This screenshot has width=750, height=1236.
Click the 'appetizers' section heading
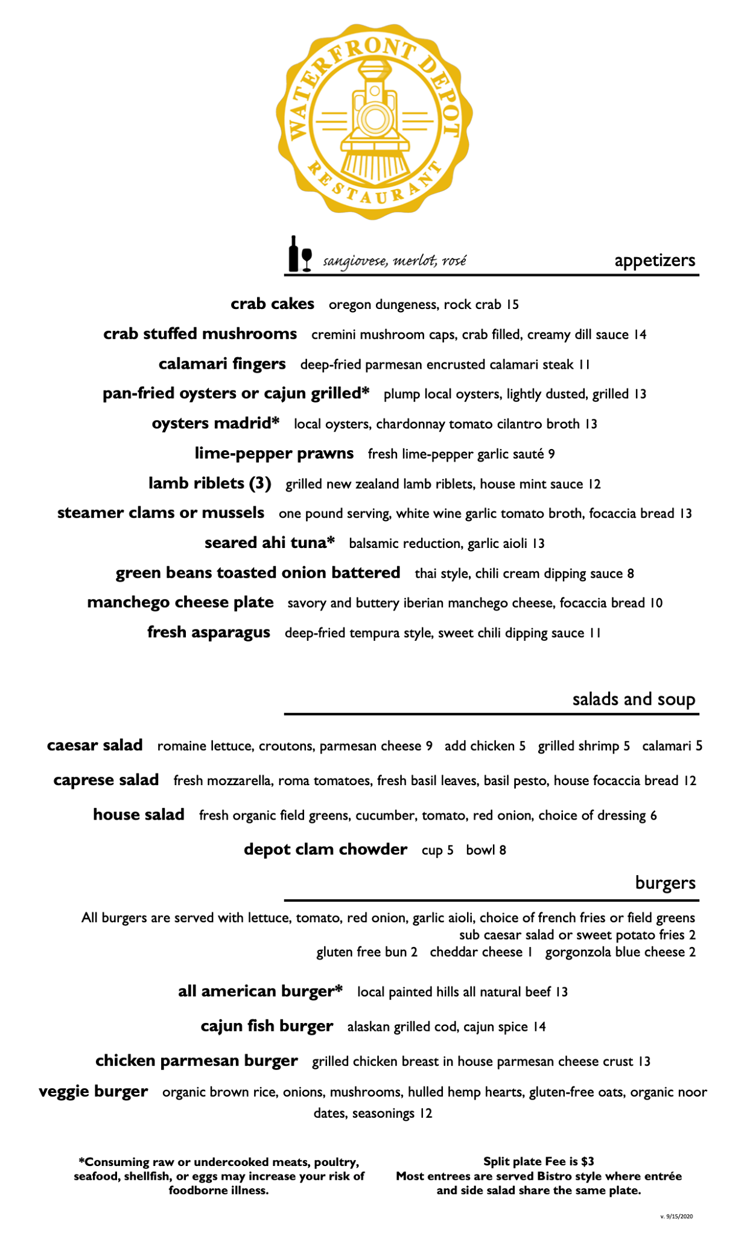655,261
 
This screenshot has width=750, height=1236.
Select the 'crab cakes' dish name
272,304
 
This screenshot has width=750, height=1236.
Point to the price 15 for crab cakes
512,305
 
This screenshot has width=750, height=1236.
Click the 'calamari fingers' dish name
222,364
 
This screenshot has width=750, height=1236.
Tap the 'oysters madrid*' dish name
215,423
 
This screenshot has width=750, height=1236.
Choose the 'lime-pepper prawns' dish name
274,453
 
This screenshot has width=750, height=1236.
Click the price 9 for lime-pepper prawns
551,454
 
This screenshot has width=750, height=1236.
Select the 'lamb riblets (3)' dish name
209,483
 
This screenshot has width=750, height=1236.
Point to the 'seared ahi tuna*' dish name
269,543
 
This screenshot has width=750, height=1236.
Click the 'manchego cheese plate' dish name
180,602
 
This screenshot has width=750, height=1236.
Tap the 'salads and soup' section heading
634,699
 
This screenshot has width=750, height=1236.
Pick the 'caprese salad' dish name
106,780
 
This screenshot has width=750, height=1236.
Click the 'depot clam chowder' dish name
325,849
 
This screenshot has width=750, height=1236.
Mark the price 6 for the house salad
653,816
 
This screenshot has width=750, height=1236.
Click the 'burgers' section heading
665,884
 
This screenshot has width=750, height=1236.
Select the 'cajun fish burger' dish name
266,1026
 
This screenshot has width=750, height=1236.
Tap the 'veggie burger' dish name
93,1091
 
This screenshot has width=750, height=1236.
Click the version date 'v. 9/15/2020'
676,1216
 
